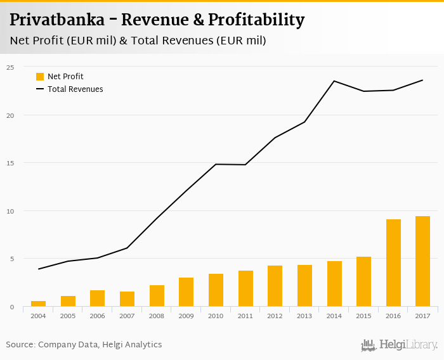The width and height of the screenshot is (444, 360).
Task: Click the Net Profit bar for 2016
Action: [393, 263]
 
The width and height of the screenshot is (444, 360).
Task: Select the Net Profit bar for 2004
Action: [38, 304]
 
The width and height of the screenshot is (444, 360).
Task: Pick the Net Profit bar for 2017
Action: [422, 261]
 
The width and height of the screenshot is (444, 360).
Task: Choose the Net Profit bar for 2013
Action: [304, 286]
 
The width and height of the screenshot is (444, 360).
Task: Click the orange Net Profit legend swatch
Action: [40, 77]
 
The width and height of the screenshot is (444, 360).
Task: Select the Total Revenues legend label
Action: [75, 89]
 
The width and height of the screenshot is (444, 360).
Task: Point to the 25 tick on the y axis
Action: [10, 67]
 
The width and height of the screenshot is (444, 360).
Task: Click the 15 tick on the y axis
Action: [10, 163]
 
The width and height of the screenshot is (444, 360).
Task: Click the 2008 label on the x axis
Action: [157, 316]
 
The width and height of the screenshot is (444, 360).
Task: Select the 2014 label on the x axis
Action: [334, 316]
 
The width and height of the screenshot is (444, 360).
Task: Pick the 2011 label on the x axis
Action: [245, 316]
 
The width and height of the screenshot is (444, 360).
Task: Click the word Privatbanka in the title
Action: [56, 20]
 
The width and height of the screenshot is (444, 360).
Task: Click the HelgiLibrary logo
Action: [399, 345]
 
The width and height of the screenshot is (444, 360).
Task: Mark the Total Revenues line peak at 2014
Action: [334, 81]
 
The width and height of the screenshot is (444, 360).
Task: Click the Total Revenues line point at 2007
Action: [127, 248]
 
